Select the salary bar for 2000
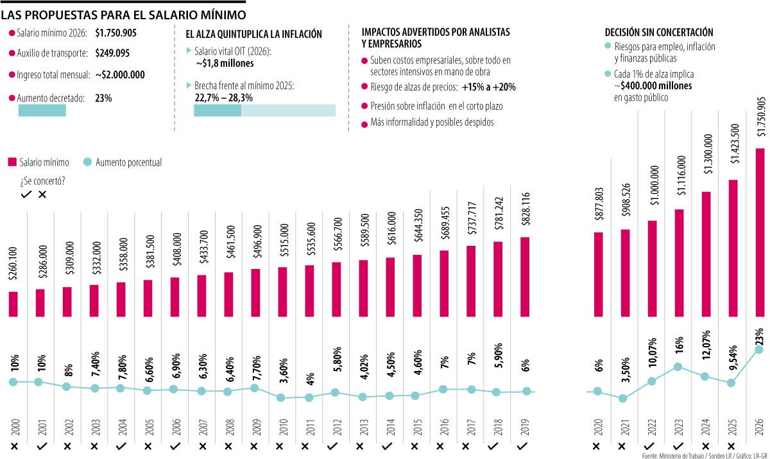click(x=13, y=304)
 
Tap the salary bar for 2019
click(x=524, y=277)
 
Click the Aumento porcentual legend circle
click(x=89, y=162)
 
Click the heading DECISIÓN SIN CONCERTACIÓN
click(x=659, y=32)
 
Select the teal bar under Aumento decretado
click(x=42, y=110)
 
